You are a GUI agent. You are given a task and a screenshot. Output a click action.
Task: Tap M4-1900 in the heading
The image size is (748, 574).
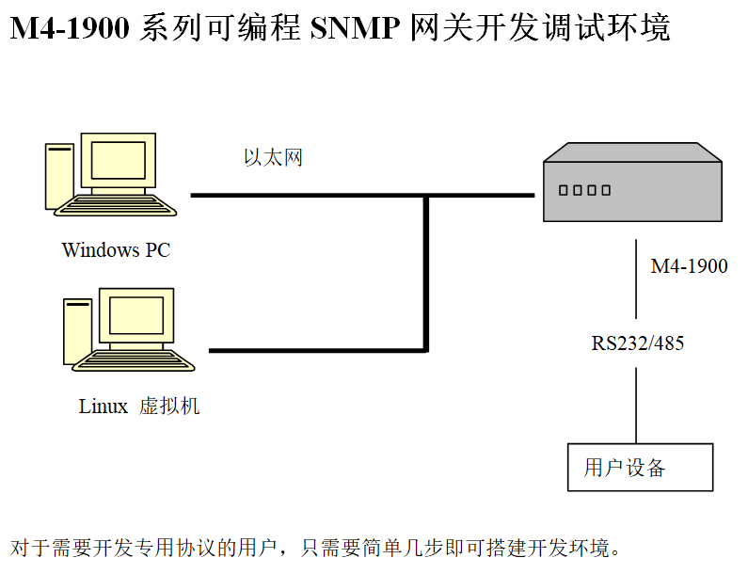pyautogui.click(x=70, y=28)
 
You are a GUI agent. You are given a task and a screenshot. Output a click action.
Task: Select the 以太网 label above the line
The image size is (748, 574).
pyautogui.click(x=273, y=158)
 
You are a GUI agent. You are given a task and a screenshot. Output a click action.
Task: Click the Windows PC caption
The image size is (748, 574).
pyautogui.click(x=116, y=250)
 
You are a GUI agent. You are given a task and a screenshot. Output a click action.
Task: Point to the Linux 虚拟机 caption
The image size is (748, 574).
pyautogui.click(x=139, y=407)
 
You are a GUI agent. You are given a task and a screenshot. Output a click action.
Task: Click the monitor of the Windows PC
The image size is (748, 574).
pyautogui.click(x=118, y=161)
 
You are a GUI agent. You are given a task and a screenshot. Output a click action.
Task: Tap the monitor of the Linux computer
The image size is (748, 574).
pyautogui.click(x=135, y=316)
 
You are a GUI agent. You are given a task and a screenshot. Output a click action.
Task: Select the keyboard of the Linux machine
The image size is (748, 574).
pyautogui.click(x=137, y=362)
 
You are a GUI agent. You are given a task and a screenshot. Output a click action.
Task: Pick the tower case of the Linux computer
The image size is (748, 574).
pyautogui.click(x=78, y=330)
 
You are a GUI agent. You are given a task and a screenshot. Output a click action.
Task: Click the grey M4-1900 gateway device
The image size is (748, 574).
pyautogui.click(x=632, y=188)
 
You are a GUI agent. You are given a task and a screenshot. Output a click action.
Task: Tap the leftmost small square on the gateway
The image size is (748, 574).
pyautogui.click(x=564, y=190)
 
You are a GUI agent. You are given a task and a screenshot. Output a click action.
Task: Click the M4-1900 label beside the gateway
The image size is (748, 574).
pyautogui.click(x=689, y=266)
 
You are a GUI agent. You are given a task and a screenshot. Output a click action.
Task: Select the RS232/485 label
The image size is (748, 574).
pyautogui.click(x=637, y=343)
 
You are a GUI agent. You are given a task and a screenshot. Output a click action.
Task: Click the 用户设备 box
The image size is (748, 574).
pyautogui.click(x=640, y=467)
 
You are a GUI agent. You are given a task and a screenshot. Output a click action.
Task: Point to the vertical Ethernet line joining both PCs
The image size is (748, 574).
pyautogui.click(x=427, y=273)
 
